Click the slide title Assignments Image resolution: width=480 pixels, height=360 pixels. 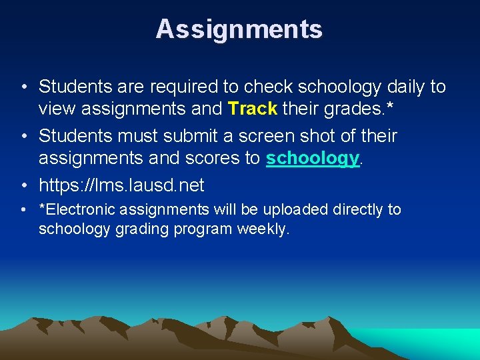click(x=239, y=29)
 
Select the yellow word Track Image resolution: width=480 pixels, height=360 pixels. click(x=252, y=108)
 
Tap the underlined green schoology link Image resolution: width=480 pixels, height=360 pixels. click(x=313, y=158)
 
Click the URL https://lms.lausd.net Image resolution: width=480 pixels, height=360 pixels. click(x=121, y=185)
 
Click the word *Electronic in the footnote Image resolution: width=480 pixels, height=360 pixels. click(x=77, y=210)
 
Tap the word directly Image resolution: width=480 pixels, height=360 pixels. click(x=357, y=210)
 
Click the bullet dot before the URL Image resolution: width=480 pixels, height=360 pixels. click(x=23, y=185)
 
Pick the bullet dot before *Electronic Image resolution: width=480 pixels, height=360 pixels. click(x=23, y=210)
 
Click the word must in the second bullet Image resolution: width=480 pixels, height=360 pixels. click(x=125, y=136)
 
